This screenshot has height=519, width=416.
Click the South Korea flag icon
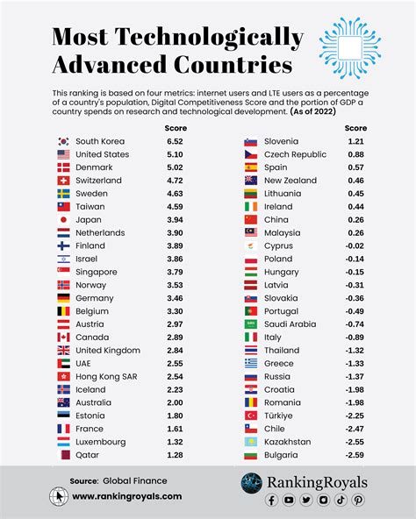pyautogui.click(x=63, y=141)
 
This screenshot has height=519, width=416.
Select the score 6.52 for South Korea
pyautogui.click(x=175, y=141)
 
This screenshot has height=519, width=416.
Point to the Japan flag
pyautogui.click(x=63, y=220)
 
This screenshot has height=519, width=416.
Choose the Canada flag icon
pyautogui.click(x=63, y=338)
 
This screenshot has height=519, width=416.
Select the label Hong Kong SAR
pyautogui.click(x=106, y=376)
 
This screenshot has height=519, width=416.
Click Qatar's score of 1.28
pyautogui.click(x=175, y=455)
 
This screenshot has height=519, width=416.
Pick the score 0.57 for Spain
pyautogui.click(x=355, y=167)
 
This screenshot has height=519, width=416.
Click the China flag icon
pyautogui.click(x=249, y=219)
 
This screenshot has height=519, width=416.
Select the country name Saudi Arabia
pyautogui.click(x=290, y=324)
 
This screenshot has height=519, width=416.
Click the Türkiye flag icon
pyautogui.click(x=249, y=416)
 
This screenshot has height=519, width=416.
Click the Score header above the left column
pyautogui.click(x=176, y=128)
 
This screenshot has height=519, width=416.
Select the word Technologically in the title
pyautogui.click(x=210, y=37)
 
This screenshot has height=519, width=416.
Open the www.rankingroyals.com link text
pyautogui.click(x=127, y=496)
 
